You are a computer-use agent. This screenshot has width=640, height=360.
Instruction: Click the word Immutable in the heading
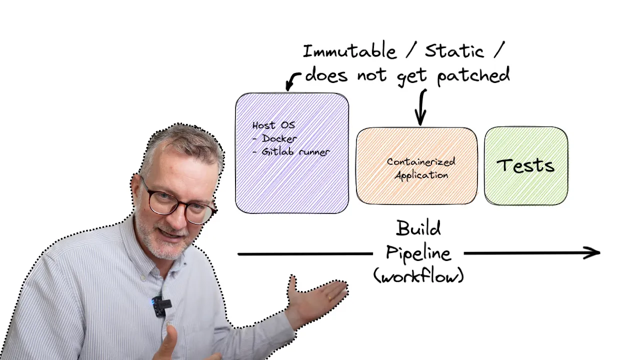point(349,51)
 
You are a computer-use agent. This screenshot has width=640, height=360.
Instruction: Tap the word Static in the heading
point(454,51)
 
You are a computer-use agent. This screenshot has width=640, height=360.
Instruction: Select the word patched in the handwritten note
point(473,75)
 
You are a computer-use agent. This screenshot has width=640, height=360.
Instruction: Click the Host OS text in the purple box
point(273,125)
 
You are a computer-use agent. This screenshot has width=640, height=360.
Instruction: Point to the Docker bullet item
point(275,138)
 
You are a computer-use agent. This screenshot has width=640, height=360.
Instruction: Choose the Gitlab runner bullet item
point(291,151)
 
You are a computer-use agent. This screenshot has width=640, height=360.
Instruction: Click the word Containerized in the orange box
point(421,161)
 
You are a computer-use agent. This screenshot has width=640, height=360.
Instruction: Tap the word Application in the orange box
point(421,175)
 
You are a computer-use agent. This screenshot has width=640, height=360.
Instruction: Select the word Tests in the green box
point(525,165)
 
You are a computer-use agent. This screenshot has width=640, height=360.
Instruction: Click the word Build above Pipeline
point(418,228)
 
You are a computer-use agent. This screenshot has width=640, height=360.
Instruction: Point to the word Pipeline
point(418,253)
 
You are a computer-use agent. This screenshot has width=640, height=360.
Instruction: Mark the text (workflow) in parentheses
point(418,275)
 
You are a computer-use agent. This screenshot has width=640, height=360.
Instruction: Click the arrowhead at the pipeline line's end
point(599,252)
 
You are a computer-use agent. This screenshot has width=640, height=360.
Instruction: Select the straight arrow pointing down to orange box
point(421,107)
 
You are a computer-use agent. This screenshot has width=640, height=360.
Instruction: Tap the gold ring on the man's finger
point(330,298)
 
